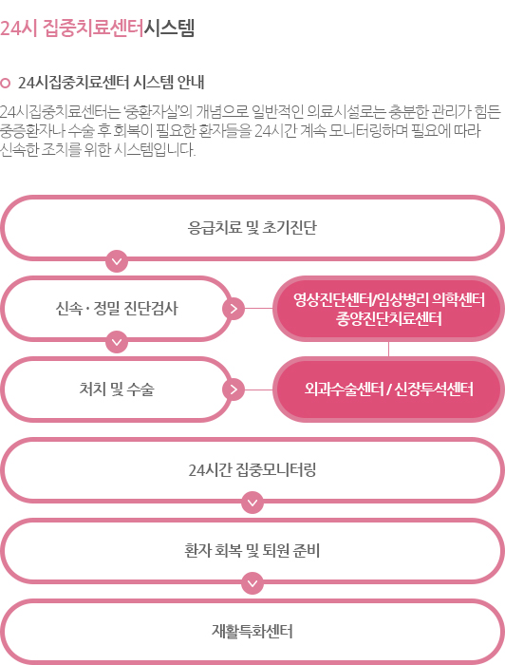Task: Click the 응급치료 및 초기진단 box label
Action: pos(252,228)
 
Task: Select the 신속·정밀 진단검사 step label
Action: pos(117,309)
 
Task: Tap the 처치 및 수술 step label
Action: pos(117,389)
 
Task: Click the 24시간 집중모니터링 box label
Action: pos(252,470)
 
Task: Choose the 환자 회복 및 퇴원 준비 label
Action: pos(252,550)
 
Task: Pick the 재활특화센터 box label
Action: pos(252,631)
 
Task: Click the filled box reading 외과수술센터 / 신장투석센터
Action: pos(388,389)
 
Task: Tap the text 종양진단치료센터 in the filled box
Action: pos(388,318)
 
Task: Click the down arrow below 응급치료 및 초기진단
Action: pos(117,261)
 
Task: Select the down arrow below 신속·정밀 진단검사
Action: pos(117,341)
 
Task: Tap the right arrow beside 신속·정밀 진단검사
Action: pos(234,309)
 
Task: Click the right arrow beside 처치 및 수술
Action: pos(234,389)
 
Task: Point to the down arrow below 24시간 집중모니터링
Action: pos(252,503)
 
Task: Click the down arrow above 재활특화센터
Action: pos(252,583)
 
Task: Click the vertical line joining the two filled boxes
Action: pos(388,349)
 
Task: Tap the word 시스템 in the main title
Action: pos(170,28)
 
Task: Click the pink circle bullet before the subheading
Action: pos(5,83)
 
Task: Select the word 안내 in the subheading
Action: pos(191,83)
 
